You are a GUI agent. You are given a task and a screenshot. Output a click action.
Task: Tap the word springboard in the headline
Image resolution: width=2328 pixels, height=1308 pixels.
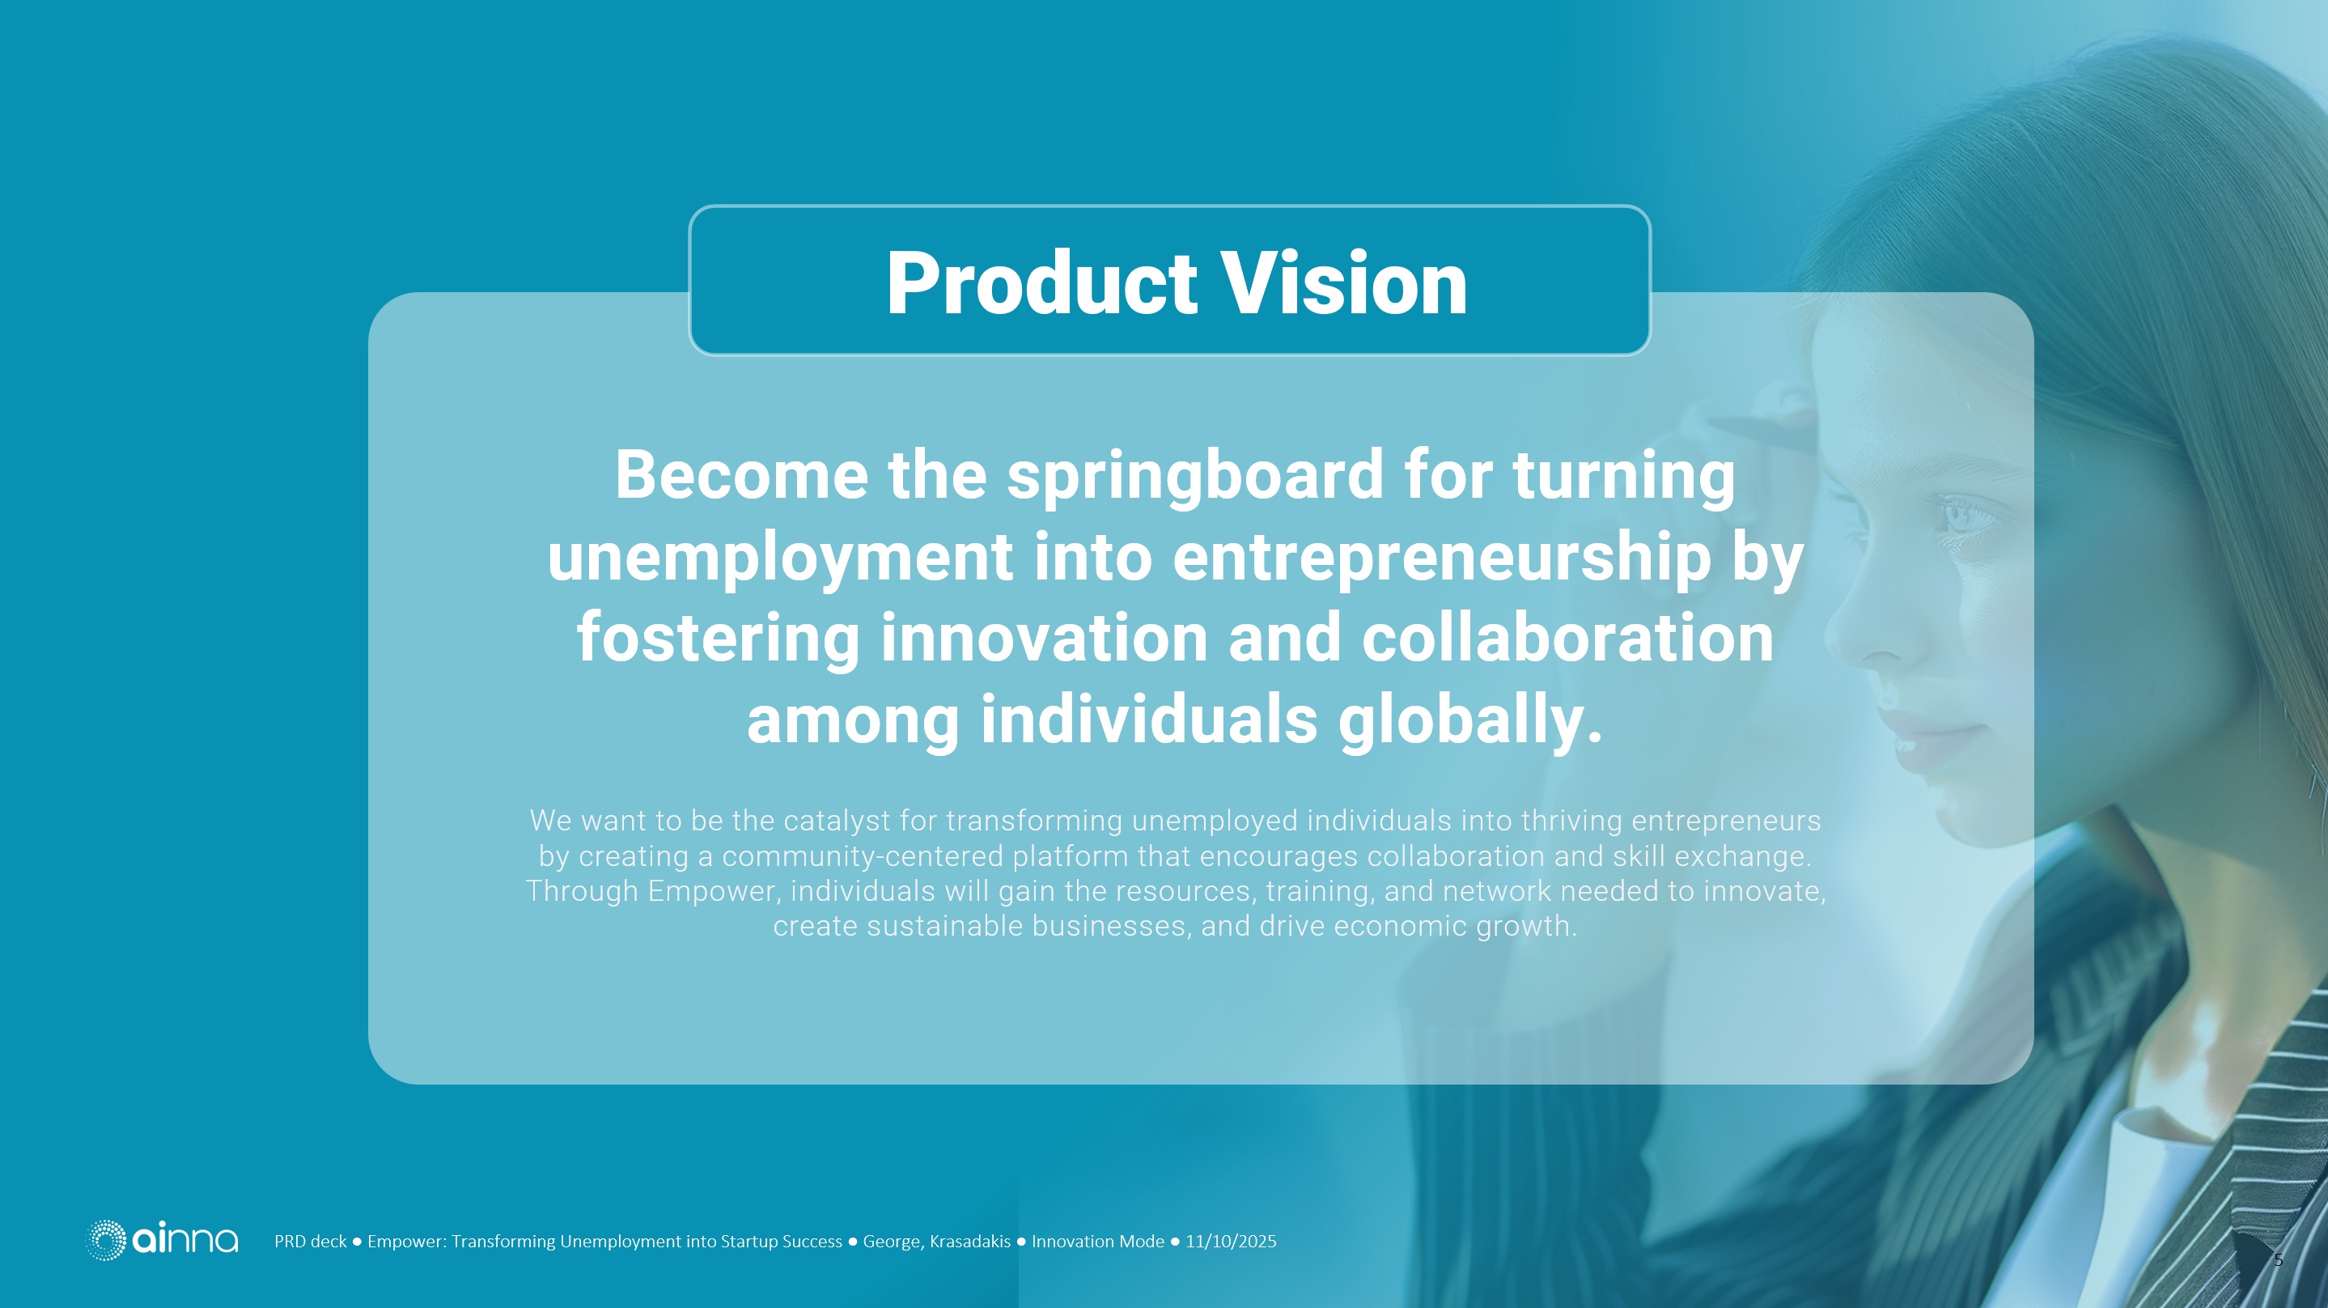1194,477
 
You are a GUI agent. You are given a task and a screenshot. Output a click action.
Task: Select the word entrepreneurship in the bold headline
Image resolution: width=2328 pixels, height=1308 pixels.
1441,558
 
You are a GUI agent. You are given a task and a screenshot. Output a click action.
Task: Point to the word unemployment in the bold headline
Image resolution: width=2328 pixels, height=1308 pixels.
779,558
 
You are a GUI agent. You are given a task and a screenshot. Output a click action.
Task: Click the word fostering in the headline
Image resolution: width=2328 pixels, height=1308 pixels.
719,638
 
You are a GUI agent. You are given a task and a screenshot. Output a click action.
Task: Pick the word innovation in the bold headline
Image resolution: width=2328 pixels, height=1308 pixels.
1044,638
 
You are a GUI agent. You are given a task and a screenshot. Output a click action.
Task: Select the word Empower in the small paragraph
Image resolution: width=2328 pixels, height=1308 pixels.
711,891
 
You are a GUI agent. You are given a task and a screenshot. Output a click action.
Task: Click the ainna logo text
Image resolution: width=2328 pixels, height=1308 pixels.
185,1239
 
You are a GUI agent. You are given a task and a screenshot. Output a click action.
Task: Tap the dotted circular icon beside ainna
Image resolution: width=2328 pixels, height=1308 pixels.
106,1239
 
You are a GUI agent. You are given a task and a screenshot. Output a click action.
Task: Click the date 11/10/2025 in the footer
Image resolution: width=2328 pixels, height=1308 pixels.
1231,1242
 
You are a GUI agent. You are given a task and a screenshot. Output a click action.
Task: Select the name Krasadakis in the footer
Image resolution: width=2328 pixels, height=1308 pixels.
969,1242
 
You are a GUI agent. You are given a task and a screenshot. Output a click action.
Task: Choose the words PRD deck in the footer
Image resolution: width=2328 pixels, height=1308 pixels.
310,1242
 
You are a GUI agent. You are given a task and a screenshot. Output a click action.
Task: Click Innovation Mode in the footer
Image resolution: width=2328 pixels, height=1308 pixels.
1097,1242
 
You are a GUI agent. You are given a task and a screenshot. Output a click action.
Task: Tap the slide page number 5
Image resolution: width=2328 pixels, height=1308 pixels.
2279,1260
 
